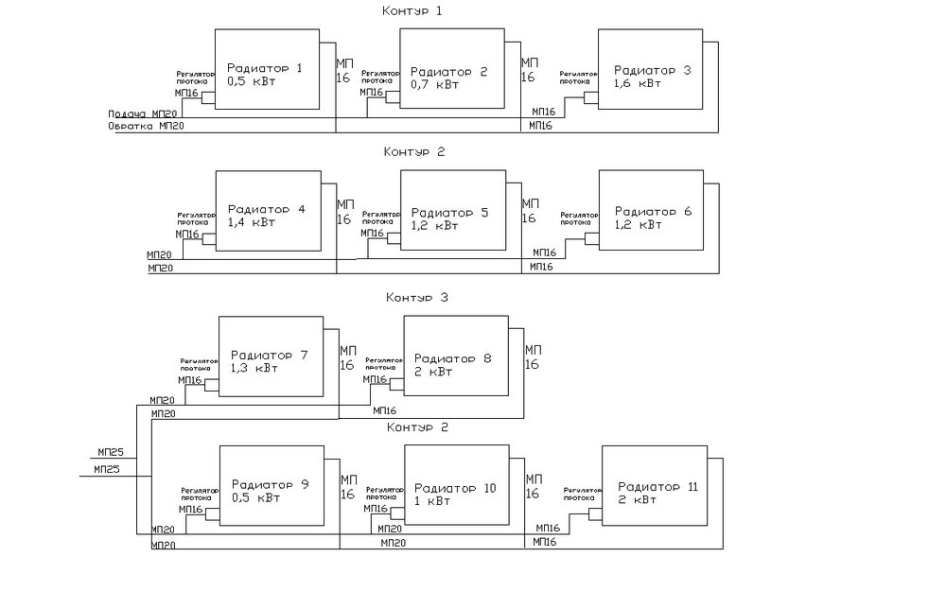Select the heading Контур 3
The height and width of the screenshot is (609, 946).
[x=415, y=298]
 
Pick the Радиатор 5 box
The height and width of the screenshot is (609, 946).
[x=452, y=214]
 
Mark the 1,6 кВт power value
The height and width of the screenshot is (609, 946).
[x=637, y=83]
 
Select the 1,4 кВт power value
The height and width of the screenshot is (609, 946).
[x=252, y=222]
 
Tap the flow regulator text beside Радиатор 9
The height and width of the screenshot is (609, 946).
[x=199, y=494]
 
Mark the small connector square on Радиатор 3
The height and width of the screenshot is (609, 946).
[x=590, y=96]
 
